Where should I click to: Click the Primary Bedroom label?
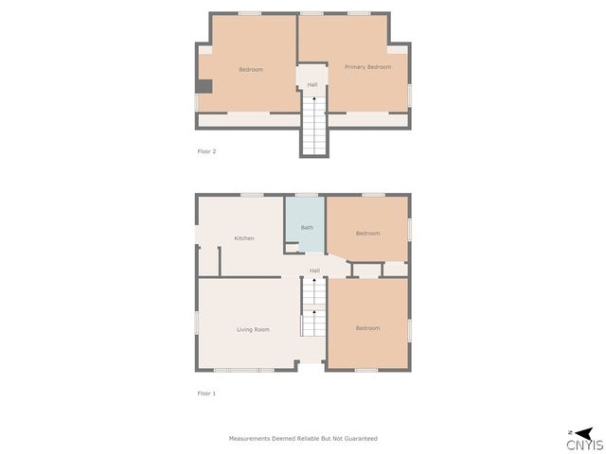tap(367, 67)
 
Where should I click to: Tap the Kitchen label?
tap(244, 238)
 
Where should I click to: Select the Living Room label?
tap(253, 329)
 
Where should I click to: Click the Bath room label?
tap(307, 228)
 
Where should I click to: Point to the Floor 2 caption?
tap(206, 151)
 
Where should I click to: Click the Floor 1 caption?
tap(206, 393)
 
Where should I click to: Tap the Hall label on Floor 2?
tap(312, 85)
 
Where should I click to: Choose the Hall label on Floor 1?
tap(314, 271)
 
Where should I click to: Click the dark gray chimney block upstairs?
tap(204, 87)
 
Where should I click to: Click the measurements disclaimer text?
tap(303, 439)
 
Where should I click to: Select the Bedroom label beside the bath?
tap(367, 234)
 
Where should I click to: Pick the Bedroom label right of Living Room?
tap(367, 328)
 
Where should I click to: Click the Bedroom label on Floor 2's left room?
tap(251, 70)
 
